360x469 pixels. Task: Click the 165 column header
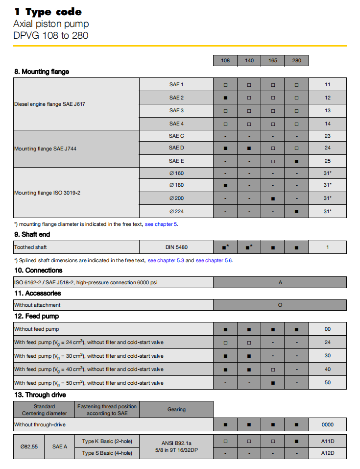(272, 61)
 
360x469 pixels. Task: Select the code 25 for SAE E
(327, 161)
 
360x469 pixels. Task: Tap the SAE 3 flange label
(176, 110)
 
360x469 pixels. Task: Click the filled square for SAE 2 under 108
(225, 98)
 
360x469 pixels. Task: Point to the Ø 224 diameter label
(176, 211)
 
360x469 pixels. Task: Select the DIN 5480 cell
(176, 247)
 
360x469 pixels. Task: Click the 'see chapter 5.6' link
(214, 260)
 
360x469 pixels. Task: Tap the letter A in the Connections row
(280, 282)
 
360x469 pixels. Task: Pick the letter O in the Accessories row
(280, 305)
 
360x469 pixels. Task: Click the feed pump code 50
(327, 383)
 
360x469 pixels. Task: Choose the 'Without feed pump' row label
(37, 329)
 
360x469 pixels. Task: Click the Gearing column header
(176, 410)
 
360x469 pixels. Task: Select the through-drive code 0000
(327, 424)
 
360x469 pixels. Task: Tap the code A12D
(327, 453)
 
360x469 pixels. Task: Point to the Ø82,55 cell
(29, 447)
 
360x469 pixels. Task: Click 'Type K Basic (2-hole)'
(107, 441)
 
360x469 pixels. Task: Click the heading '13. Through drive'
(40, 395)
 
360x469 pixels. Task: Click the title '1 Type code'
(48, 12)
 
